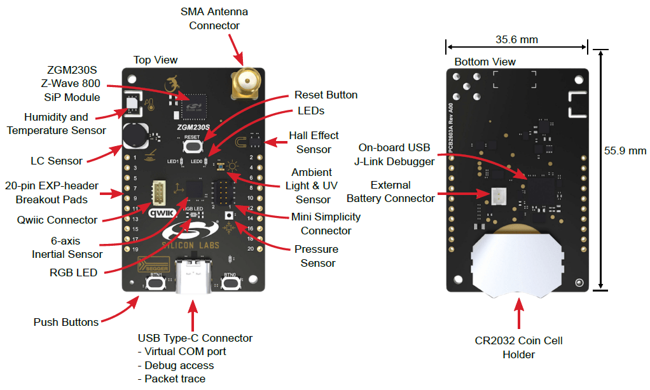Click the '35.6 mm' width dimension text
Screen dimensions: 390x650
tap(516, 40)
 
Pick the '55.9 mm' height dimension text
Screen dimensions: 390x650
tap(625, 151)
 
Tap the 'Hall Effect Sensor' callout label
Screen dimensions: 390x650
tap(314, 142)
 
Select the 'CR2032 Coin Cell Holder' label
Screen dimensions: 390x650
tap(518, 347)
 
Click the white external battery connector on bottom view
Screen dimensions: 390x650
tap(499, 197)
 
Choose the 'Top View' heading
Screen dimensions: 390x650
tap(155, 60)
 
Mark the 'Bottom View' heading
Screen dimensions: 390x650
tap(485, 62)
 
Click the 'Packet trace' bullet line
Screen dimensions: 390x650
tap(171, 379)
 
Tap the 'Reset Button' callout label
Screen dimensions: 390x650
tap(326, 95)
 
